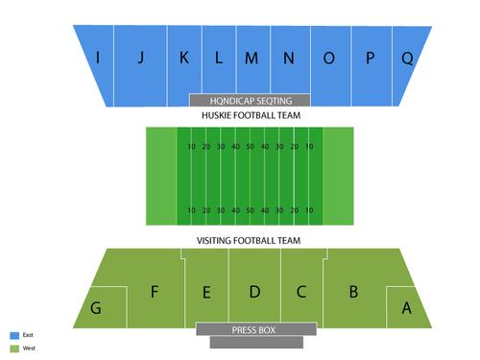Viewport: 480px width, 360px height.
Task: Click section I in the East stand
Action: click(97, 58)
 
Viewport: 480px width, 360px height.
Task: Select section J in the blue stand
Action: click(140, 58)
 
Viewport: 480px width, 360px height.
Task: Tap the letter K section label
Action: click(183, 58)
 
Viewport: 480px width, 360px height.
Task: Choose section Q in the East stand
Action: click(407, 58)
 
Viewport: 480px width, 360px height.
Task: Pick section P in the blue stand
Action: click(370, 58)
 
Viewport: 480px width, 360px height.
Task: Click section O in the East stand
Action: click(329, 58)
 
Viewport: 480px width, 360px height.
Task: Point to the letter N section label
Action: click(288, 58)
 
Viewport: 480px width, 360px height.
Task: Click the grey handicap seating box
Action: click(251, 100)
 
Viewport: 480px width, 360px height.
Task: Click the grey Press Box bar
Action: click(254, 330)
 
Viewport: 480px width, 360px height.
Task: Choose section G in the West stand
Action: click(96, 308)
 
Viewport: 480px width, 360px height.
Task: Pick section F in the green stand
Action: click(154, 292)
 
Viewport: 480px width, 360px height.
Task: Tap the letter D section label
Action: click(254, 292)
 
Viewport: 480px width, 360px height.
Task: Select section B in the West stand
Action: click(353, 292)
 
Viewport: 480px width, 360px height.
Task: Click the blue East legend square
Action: click(14, 335)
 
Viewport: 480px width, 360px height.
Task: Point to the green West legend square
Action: click(14, 348)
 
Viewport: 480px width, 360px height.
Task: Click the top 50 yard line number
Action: click(250, 146)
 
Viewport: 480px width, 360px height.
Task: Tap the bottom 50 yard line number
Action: click(250, 209)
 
